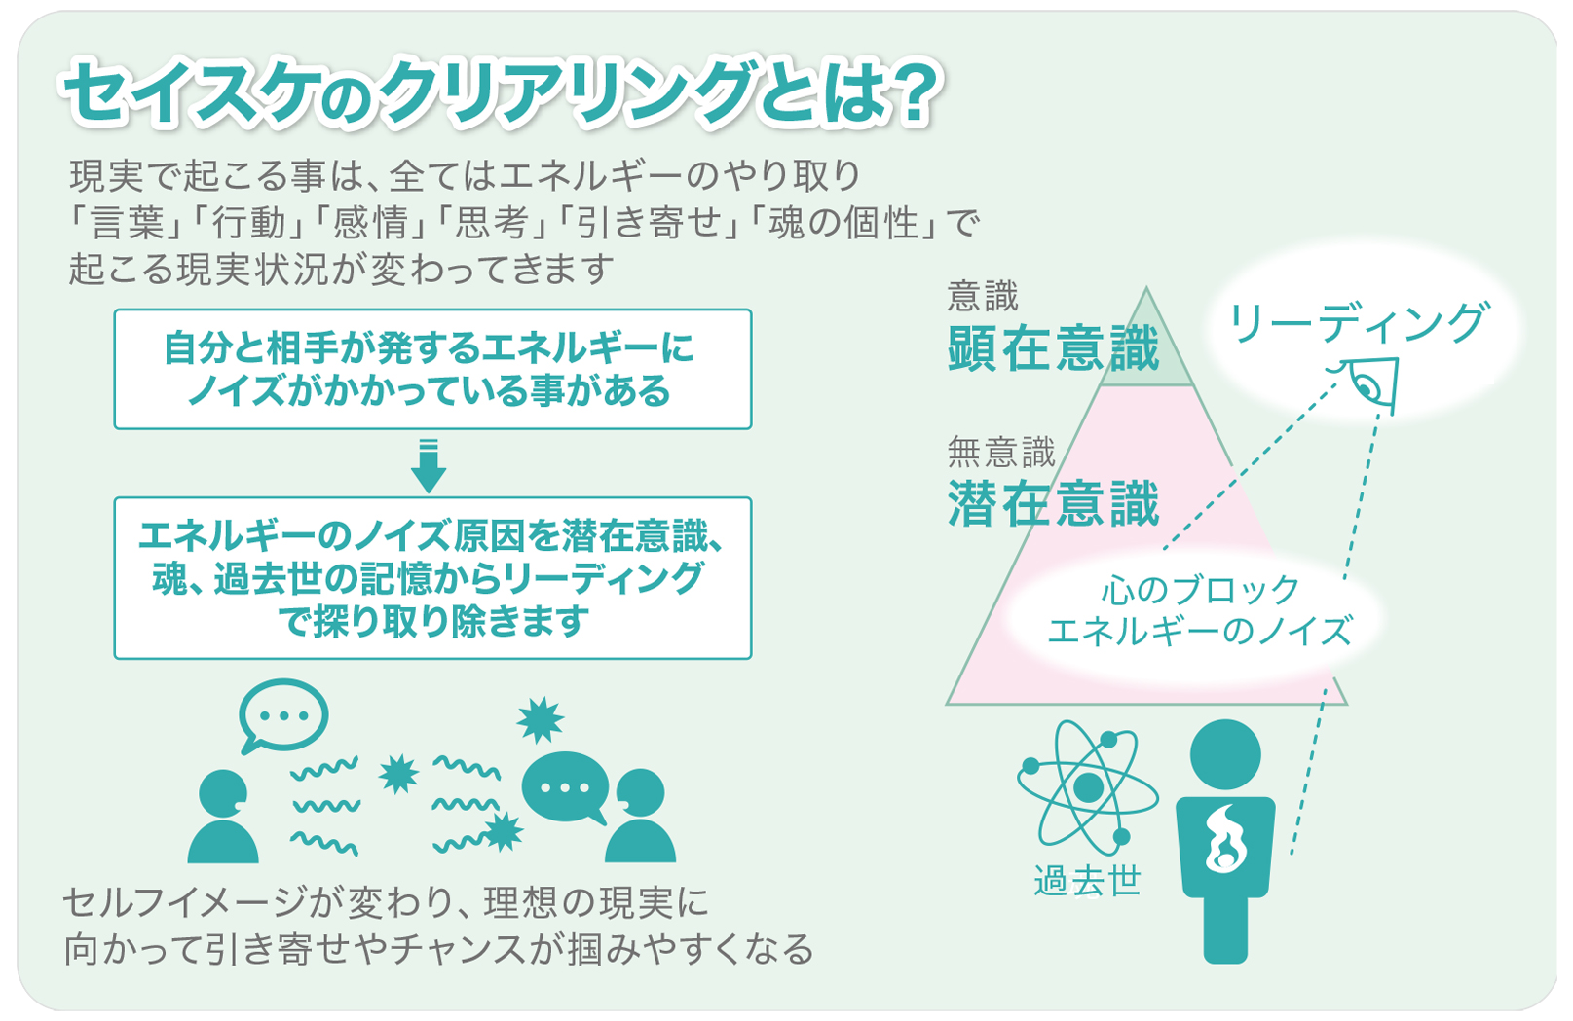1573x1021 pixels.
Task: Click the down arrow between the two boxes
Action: click(x=429, y=466)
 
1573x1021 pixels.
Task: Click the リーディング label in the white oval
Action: click(x=1358, y=322)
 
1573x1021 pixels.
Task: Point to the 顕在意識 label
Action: click(x=1054, y=348)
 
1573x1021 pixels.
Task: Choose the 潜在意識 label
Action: click(x=1054, y=504)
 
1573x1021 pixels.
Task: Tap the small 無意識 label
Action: click(x=1001, y=452)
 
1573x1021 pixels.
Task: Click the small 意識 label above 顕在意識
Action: click(x=983, y=296)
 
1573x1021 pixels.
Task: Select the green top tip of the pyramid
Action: click(x=1146, y=341)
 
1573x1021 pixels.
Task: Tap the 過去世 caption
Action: click(x=1087, y=881)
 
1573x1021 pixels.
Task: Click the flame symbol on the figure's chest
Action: click(x=1225, y=839)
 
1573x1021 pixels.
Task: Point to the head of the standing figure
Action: click(x=1225, y=754)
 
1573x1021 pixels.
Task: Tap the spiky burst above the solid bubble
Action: click(x=540, y=720)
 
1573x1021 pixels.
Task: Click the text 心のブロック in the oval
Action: click(x=1200, y=590)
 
